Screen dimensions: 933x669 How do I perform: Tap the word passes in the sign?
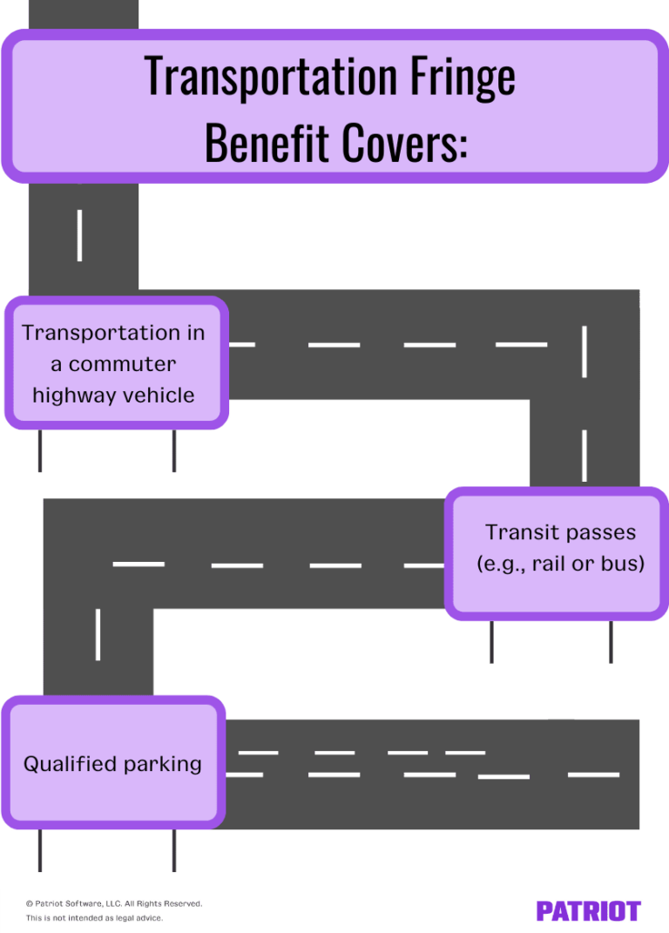pyautogui.click(x=598, y=532)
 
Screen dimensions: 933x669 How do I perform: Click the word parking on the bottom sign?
pyautogui.click(x=163, y=765)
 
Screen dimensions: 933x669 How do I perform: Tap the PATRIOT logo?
pyautogui.click(x=588, y=911)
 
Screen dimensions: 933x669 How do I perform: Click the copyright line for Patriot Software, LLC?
pyautogui.click(x=114, y=903)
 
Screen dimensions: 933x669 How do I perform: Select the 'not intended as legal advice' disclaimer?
pyautogui.click(x=94, y=918)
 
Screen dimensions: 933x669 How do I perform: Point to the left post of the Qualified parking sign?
pyautogui.click(x=39, y=849)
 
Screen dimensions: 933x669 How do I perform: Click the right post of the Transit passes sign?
pyautogui.click(x=611, y=641)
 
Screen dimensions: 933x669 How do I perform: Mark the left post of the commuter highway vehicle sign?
pyautogui.click(x=39, y=450)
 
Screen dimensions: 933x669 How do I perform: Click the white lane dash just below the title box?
pyautogui.click(x=80, y=235)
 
